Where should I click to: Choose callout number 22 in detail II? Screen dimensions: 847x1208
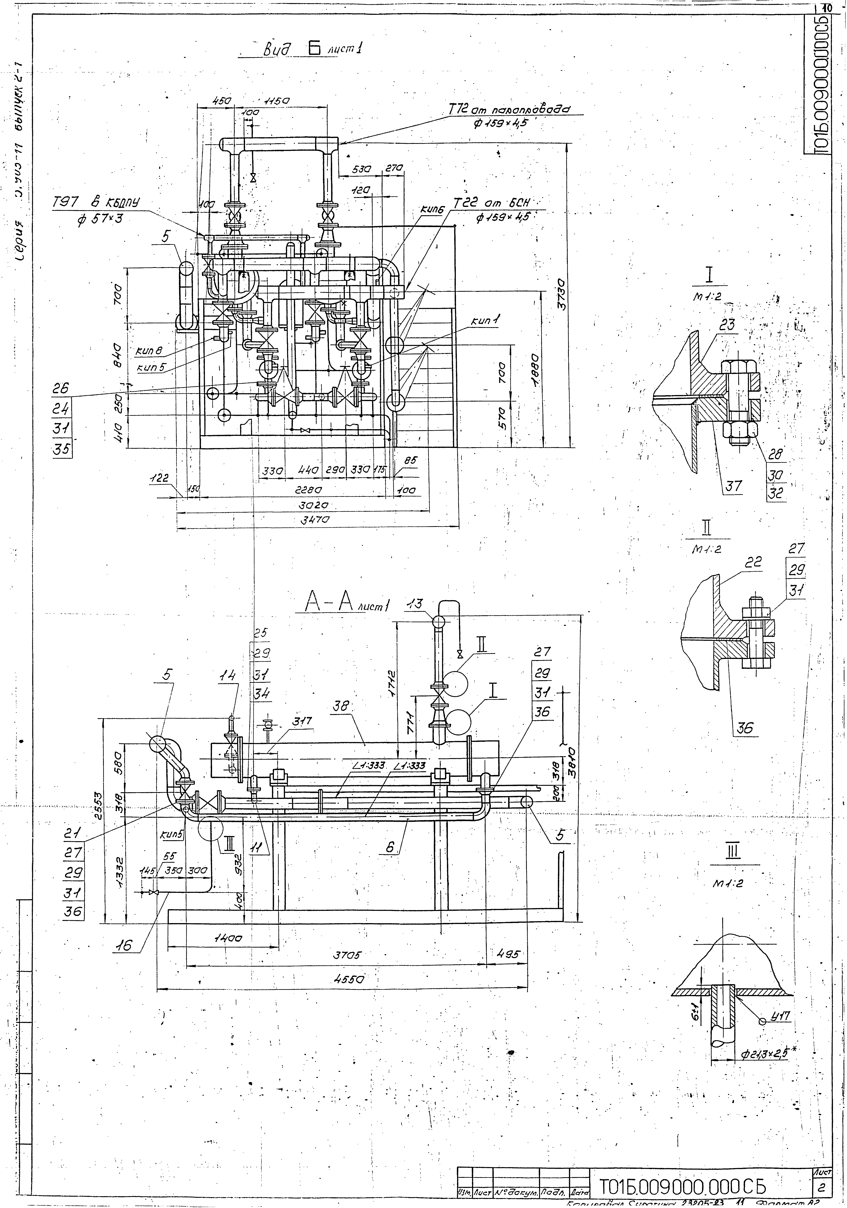click(x=753, y=562)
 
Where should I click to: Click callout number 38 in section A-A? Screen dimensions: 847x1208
click(x=341, y=708)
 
